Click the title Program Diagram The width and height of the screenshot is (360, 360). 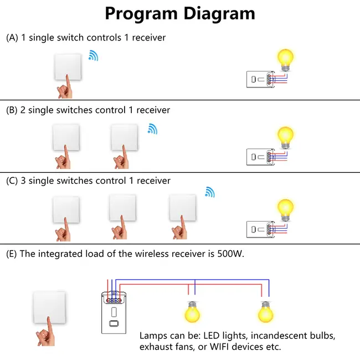point(180,13)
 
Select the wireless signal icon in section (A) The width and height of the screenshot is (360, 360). point(94,55)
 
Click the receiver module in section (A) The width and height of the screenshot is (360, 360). point(259,80)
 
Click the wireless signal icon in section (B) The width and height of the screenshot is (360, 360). point(152,128)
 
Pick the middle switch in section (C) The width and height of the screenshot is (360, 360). point(123,207)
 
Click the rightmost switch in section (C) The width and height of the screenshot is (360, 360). point(182,207)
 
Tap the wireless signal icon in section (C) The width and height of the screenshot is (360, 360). point(210,192)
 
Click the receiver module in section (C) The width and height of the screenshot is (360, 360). point(259,228)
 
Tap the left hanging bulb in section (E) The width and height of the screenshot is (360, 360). point(192,312)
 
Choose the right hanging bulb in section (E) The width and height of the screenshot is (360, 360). point(265,312)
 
